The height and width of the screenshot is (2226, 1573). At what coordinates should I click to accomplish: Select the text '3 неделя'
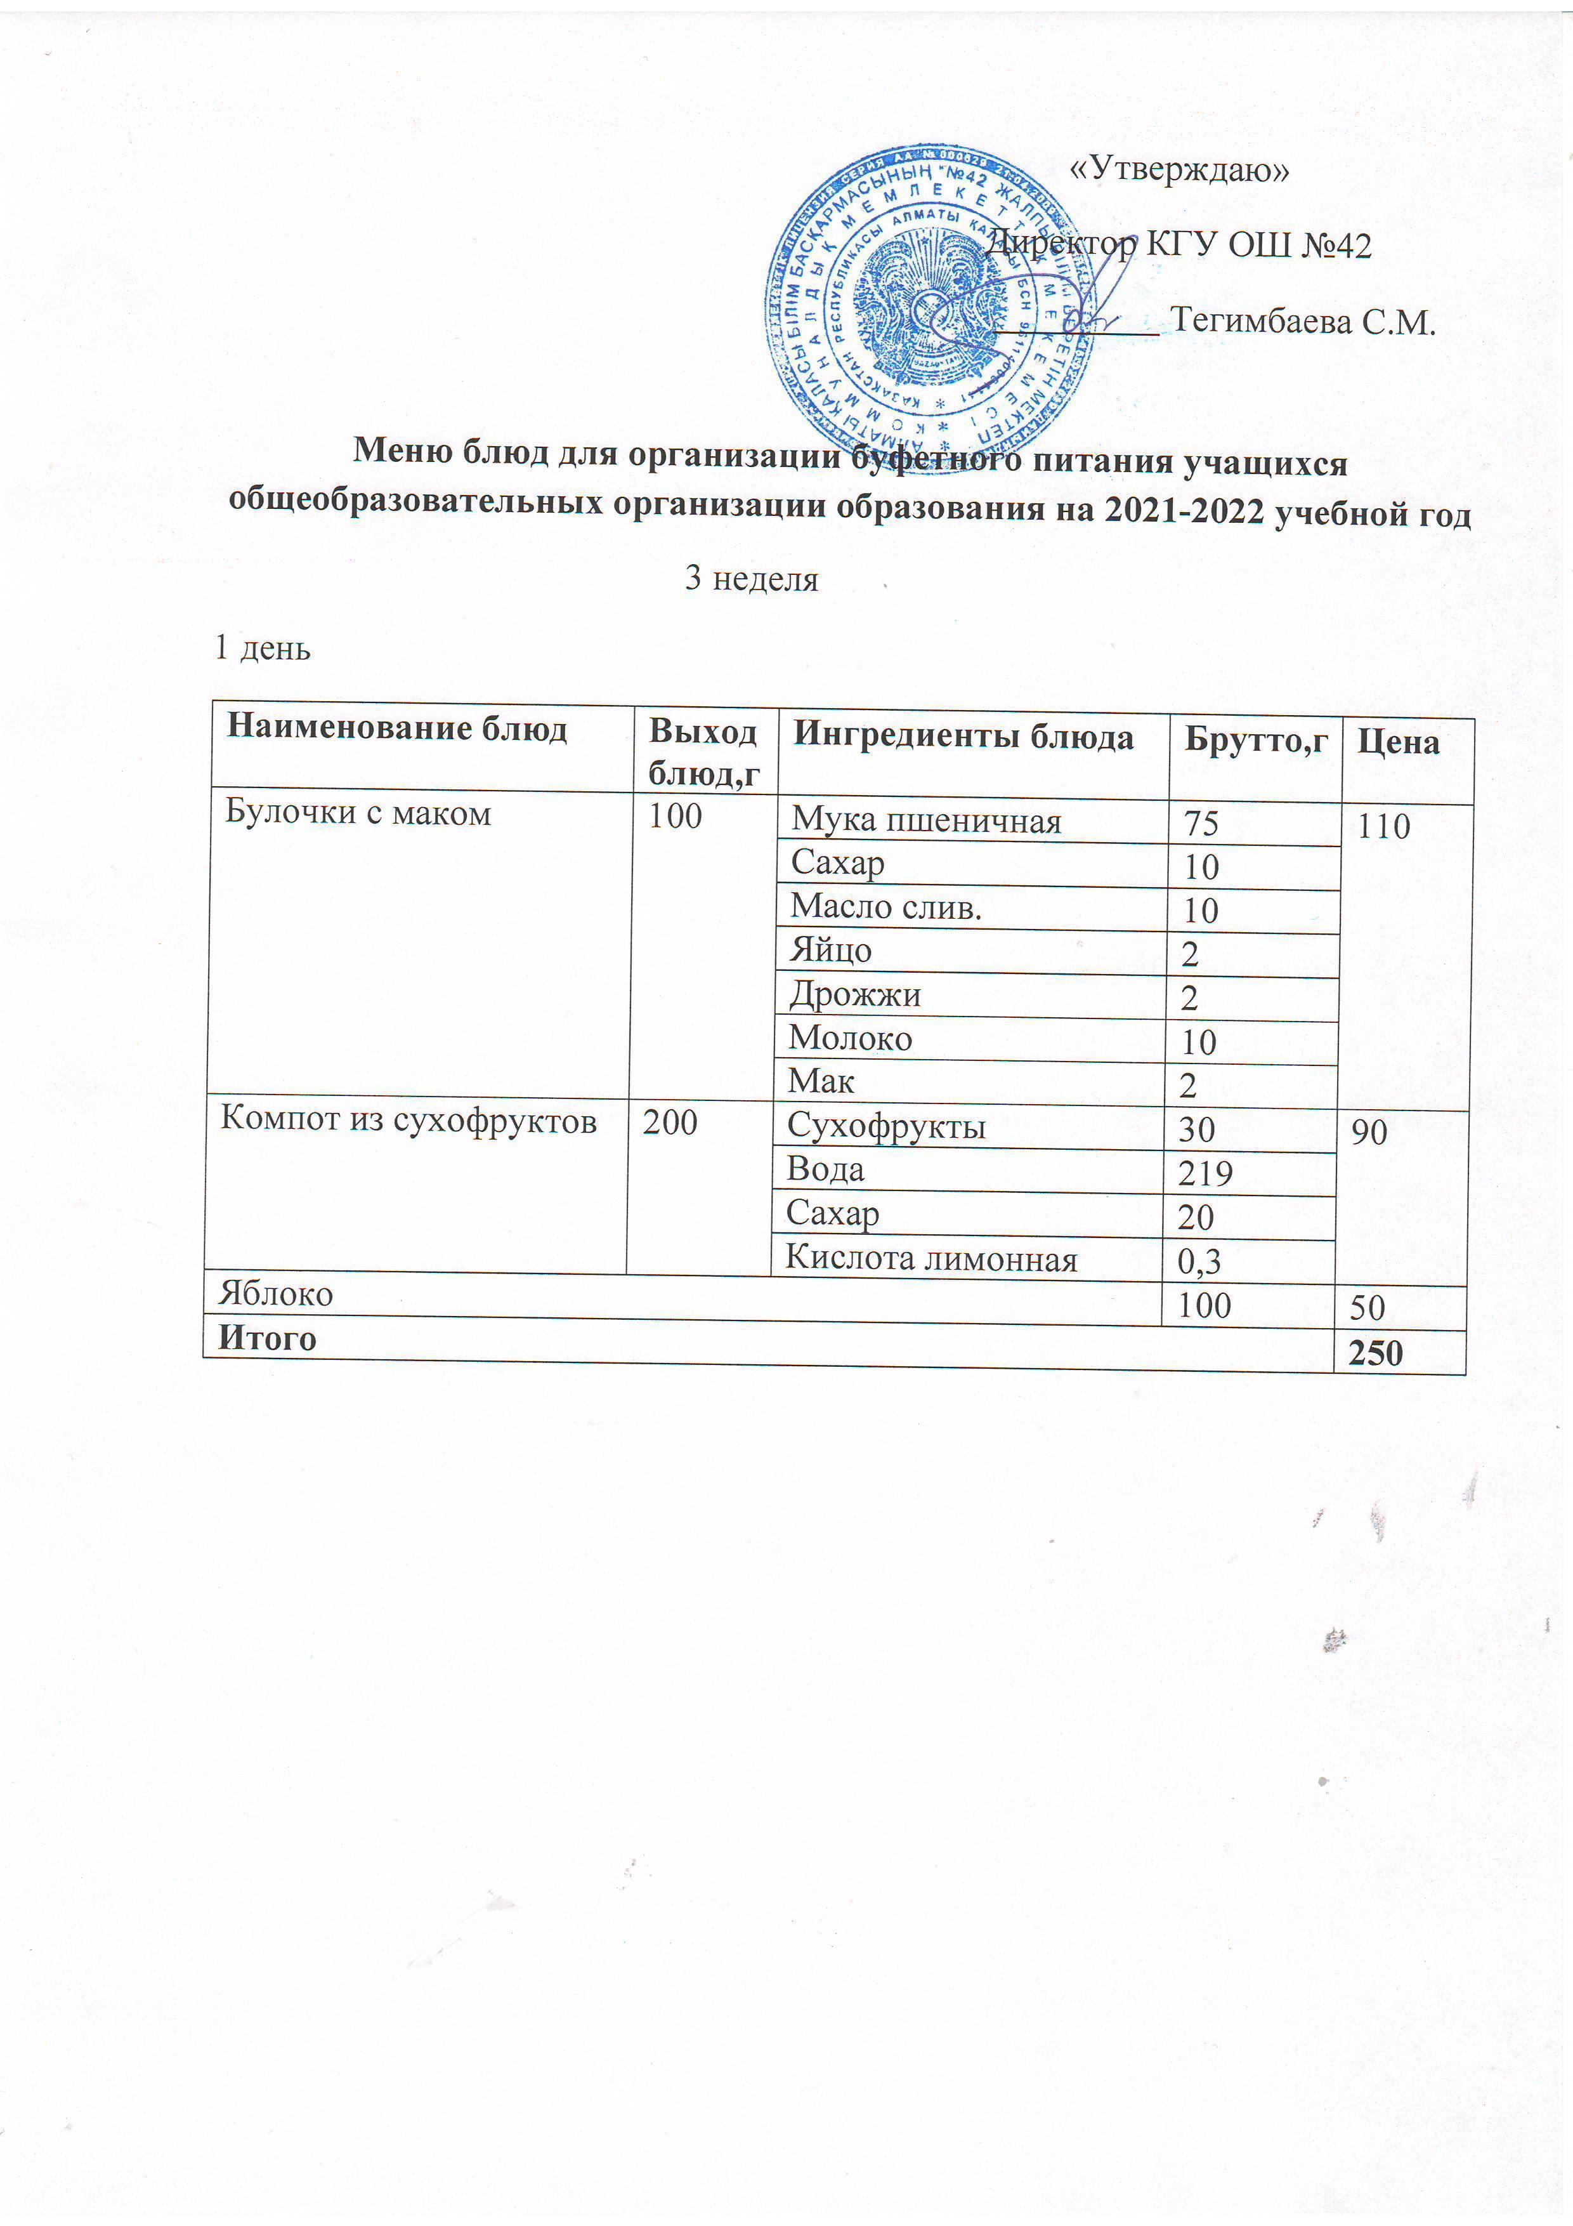(x=751, y=579)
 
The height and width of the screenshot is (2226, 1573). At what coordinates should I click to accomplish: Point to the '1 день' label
(x=262, y=648)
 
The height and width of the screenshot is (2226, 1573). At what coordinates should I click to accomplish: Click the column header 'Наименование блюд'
(x=396, y=728)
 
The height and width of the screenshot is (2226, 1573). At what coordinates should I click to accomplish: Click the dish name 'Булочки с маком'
(x=358, y=812)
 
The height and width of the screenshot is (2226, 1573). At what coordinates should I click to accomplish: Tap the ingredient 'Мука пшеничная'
(x=925, y=821)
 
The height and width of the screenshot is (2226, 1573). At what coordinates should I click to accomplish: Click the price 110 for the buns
(x=1383, y=827)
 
